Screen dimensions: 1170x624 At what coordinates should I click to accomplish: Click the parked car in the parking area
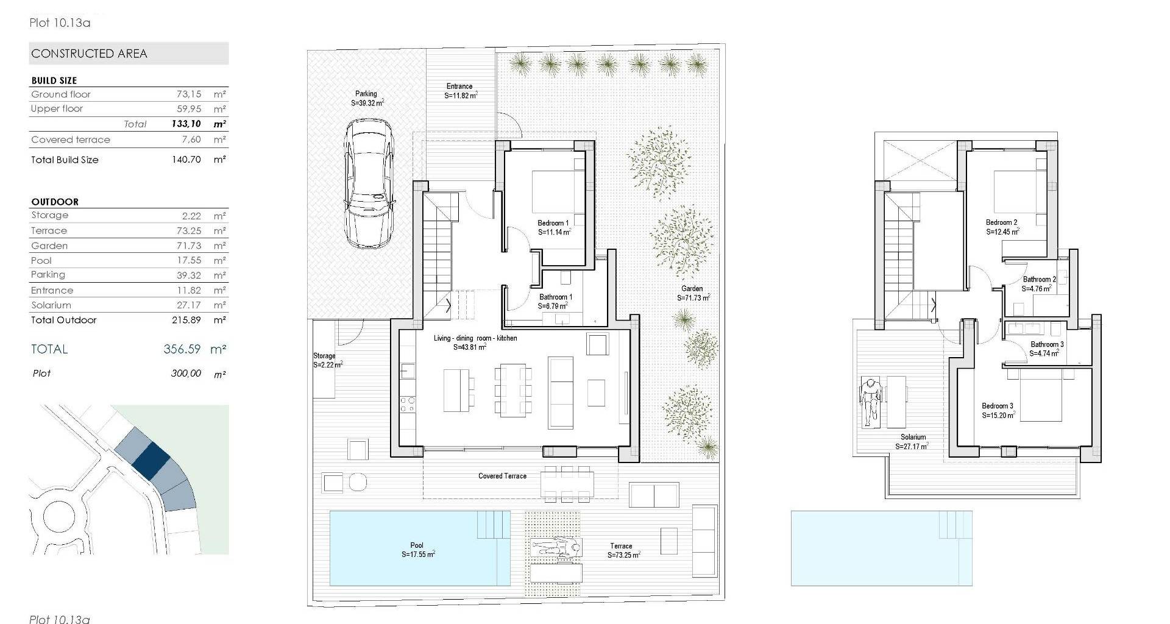(x=367, y=183)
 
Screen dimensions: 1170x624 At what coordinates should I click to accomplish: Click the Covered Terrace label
(x=502, y=476)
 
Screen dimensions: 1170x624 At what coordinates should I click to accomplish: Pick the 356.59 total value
(x=182, y=349)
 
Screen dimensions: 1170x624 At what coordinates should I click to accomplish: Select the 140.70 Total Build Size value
(x=186, y=160)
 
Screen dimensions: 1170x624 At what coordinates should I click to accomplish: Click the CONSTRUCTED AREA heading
(x=89, y=54)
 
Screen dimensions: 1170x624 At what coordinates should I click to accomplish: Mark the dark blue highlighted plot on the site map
(x=152, y=459)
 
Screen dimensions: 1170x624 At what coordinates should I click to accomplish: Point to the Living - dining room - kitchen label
(x=475, y=338)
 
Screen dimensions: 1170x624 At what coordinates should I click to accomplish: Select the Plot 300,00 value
(x=186, y=374)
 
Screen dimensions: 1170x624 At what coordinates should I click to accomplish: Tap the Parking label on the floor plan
(x=366, y=94)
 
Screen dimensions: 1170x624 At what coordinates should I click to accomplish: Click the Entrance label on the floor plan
(x=459, y=87)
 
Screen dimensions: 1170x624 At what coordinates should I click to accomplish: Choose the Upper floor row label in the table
(x=57, y=109)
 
